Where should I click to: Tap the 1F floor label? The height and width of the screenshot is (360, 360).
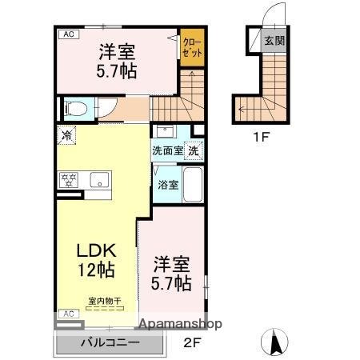[262, 137]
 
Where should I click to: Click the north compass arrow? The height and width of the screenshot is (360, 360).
[274, 342]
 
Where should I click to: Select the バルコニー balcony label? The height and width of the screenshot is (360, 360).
[110, 343]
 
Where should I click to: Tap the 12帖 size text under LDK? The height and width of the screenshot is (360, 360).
[94, 270]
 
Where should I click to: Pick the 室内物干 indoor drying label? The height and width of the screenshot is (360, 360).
[104, 301]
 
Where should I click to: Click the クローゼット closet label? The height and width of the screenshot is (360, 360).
[192, 46]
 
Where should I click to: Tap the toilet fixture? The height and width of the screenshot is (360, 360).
[73, 106]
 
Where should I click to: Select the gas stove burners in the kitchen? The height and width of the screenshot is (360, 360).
[66, 179]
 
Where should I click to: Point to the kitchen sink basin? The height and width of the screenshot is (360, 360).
[99, 179]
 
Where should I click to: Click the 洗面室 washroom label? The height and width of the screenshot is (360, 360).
[168, 150]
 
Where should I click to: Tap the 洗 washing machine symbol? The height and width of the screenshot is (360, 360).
[194, 150]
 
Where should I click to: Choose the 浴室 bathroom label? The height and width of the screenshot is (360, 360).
[167, 185]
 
